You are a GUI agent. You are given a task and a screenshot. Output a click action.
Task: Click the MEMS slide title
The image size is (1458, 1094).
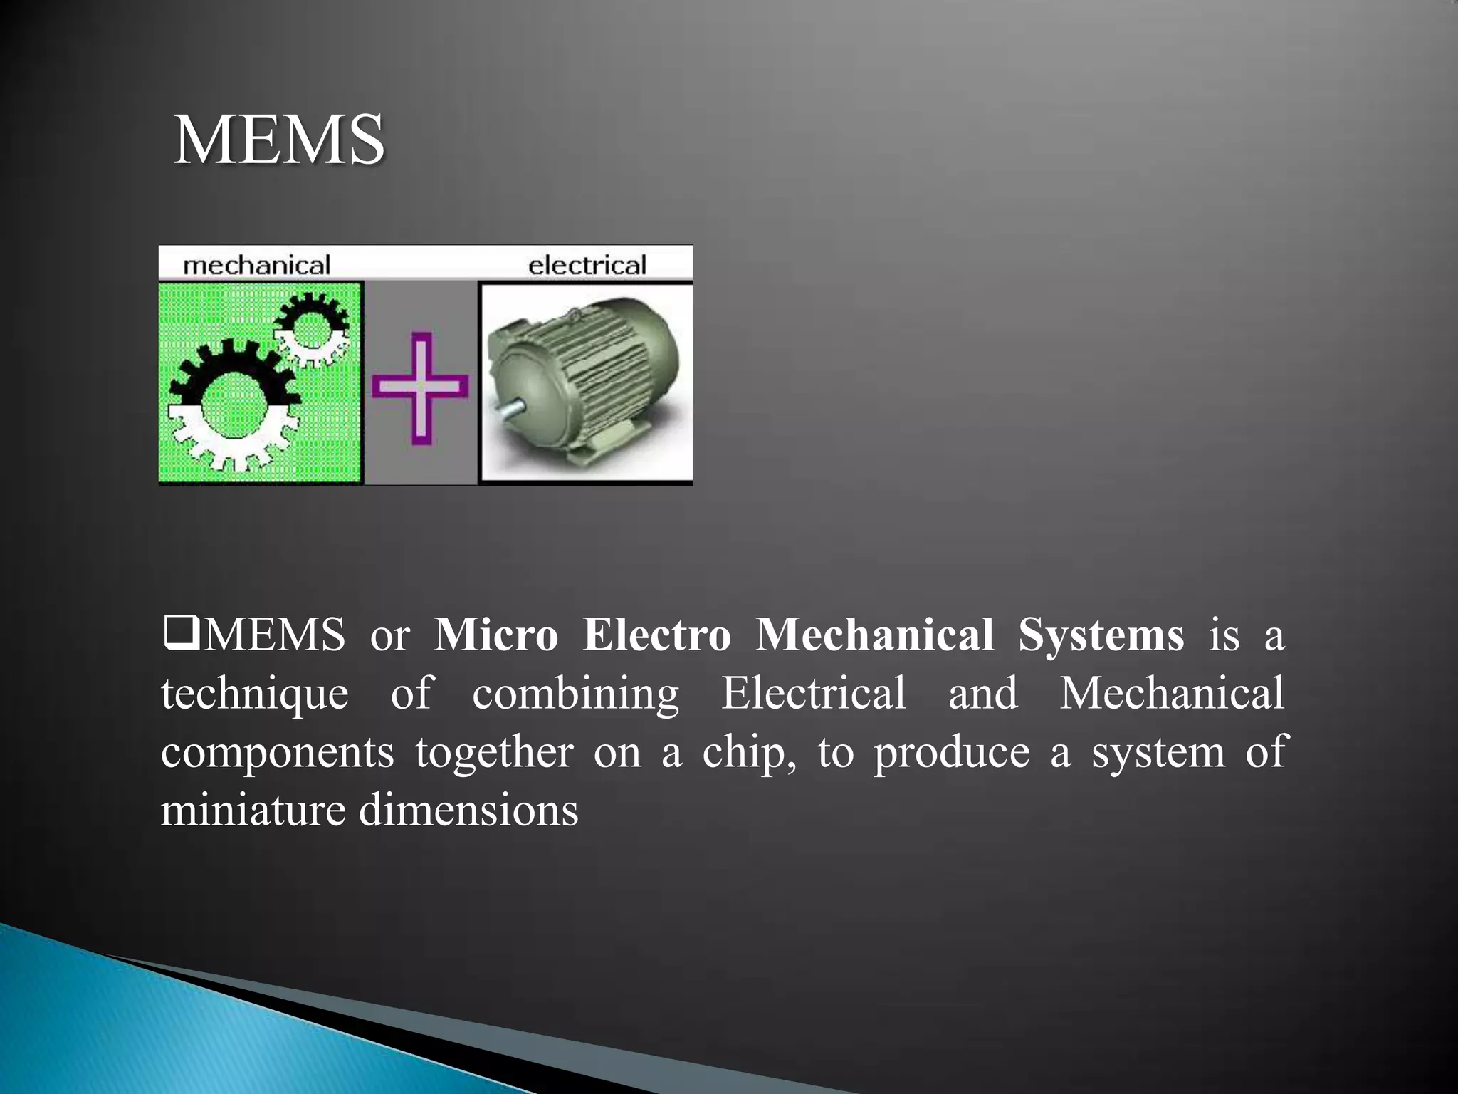tap(278, 140)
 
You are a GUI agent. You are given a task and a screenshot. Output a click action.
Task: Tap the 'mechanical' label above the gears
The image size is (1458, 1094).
tap(256, 266)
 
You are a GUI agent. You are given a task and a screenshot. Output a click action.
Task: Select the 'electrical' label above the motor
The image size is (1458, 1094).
tap(587, 266)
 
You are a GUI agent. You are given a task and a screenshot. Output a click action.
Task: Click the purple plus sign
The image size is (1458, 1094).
tap(420, 387)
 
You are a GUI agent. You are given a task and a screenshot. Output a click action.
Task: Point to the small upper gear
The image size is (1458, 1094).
tap(310, 329)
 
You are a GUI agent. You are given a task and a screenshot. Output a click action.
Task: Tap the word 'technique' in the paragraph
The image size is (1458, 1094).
tap(255, 694)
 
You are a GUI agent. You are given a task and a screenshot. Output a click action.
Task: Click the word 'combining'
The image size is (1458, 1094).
tap(575, 694)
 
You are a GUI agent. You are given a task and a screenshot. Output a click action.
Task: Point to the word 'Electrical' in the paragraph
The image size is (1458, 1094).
tap(813, 692)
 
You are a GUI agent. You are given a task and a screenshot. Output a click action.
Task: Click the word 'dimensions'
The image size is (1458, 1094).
tap(468, 810)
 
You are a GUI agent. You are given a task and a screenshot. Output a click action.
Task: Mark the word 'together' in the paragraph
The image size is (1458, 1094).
tap(494, 751)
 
